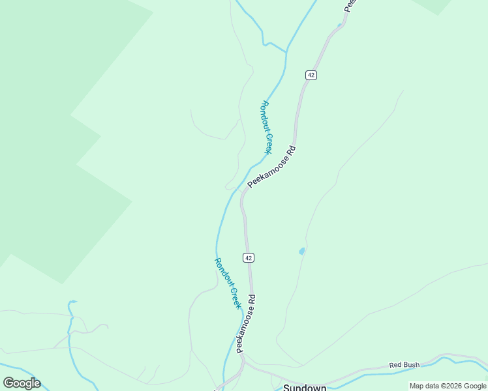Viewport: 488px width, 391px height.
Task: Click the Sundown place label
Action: pos(305,387)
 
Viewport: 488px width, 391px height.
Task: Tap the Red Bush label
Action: pos(404,366)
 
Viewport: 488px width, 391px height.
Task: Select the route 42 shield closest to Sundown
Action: pos(249,257)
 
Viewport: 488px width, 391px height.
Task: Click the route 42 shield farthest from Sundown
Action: pos(311,75)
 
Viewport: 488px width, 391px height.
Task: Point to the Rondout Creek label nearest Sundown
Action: pos(228,283)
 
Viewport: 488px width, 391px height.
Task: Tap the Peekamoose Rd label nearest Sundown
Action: pos(246,324)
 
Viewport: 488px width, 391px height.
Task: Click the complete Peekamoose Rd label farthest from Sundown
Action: pos(272,167)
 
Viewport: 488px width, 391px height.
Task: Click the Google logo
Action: pos(22,383)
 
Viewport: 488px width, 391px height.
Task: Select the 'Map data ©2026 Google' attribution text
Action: pos(447,386)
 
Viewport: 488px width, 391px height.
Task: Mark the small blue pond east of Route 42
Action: pos(301,251)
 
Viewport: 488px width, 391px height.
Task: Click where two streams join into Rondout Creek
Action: pos(286,51)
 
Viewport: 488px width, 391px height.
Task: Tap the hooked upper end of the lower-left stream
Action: pos(72,302)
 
